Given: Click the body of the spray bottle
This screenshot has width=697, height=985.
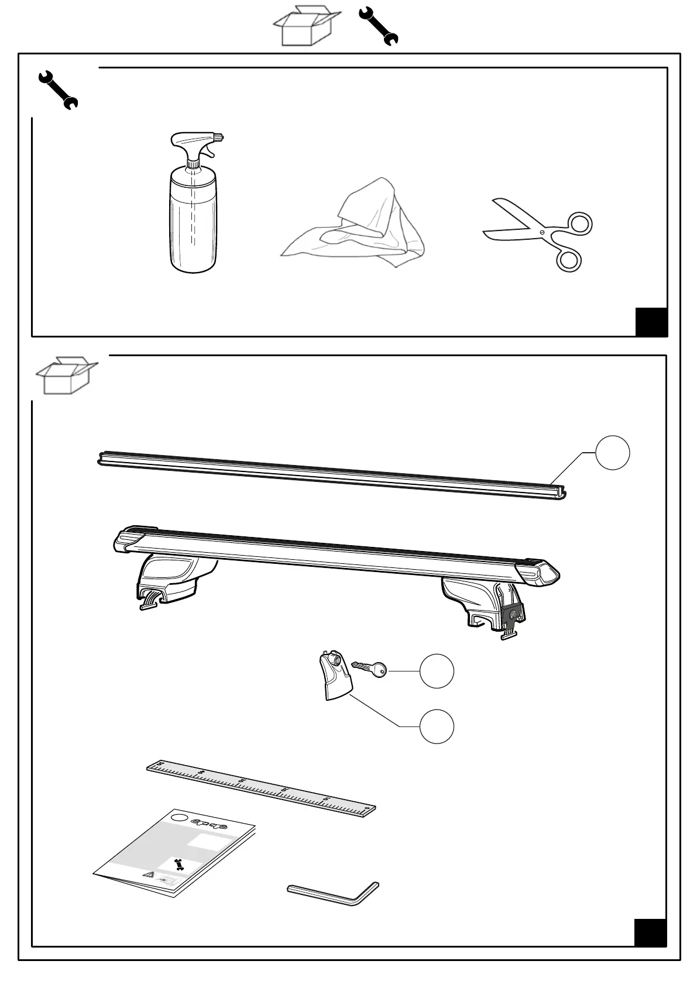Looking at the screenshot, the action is [192, 222].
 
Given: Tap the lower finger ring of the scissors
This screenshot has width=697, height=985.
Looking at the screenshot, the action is [568, 259].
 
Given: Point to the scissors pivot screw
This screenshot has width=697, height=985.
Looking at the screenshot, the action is [542, 233].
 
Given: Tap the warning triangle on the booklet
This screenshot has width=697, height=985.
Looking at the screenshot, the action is [150, 874].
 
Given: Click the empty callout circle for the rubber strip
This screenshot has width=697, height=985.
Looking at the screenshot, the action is [612, 453].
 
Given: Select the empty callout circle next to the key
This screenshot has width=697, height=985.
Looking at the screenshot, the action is [437, 671].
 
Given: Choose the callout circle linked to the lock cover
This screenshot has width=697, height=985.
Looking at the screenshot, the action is [437, 726].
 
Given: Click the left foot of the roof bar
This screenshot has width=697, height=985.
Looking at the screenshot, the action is [170, 582].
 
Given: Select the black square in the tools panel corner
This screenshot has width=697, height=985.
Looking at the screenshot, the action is [651, 322].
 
